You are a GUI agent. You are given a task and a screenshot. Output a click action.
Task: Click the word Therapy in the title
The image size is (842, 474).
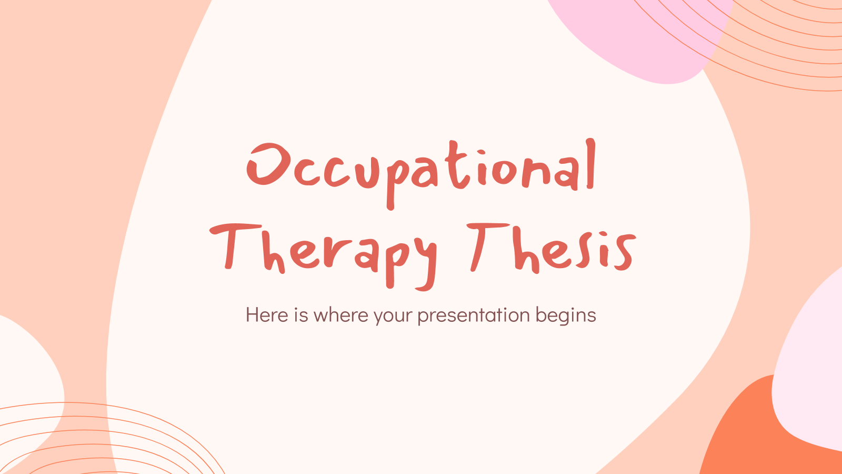click(324, 252)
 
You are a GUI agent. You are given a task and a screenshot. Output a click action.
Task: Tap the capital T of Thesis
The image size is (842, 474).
click(487, 245)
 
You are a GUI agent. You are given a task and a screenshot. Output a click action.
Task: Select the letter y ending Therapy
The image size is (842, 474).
click(424, 261)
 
